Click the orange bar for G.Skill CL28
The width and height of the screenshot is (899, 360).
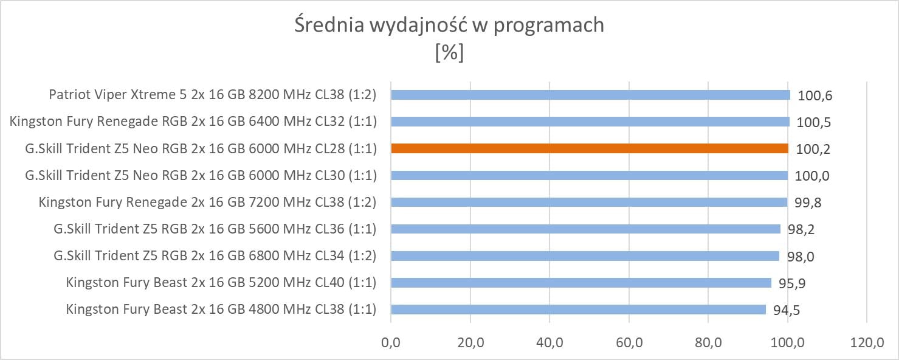tap(590, 148)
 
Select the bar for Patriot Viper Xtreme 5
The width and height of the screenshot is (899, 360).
tap(590, 95)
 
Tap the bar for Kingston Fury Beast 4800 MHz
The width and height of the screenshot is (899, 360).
tap(578, 310)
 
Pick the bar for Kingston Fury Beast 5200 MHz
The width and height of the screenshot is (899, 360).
tap(581, 283)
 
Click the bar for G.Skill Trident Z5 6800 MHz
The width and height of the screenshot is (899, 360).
tap(585, 256)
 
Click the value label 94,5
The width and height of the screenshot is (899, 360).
tap(786, 310)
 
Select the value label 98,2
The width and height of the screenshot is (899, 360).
tap(801, 229)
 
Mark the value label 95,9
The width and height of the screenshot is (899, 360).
tap(791, 283)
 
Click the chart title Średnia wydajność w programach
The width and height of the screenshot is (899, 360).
tap(449, 25)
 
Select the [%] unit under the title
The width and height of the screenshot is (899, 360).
tap(449, 53)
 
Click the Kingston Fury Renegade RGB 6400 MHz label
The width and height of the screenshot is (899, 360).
tap(193, 122)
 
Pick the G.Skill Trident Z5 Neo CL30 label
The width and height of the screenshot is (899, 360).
tap(201, 175)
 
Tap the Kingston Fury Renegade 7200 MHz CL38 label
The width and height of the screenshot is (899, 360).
tap(207, 202)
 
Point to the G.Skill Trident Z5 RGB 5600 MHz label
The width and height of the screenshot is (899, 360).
tap(215, 229)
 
